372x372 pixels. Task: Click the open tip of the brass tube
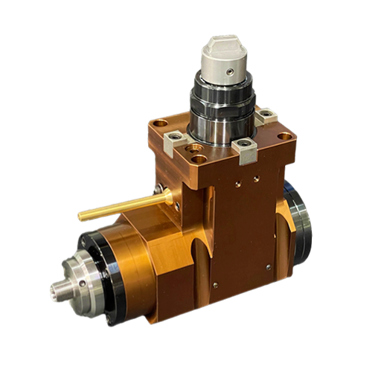pos(80,217)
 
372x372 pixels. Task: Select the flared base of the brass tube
pos(172,195)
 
